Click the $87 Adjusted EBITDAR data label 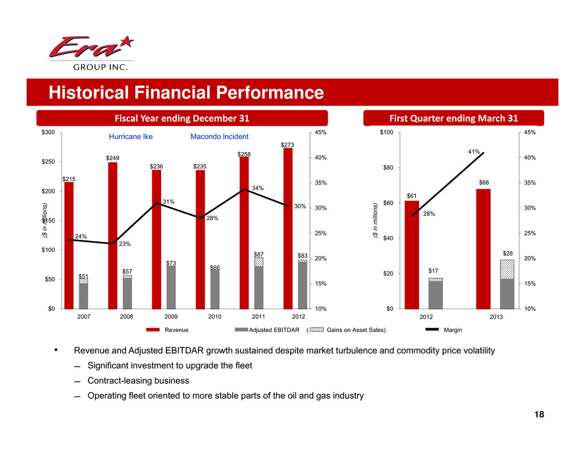click(259, 255)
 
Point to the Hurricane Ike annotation click(131, 136)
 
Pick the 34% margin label click(258, 188)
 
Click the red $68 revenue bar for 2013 click(483, 248)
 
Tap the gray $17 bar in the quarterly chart click(436, 294)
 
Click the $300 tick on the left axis click(47, 132)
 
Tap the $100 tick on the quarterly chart click(386, 132)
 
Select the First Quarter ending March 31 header click(454, 118)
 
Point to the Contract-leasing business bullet click(138, 381)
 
